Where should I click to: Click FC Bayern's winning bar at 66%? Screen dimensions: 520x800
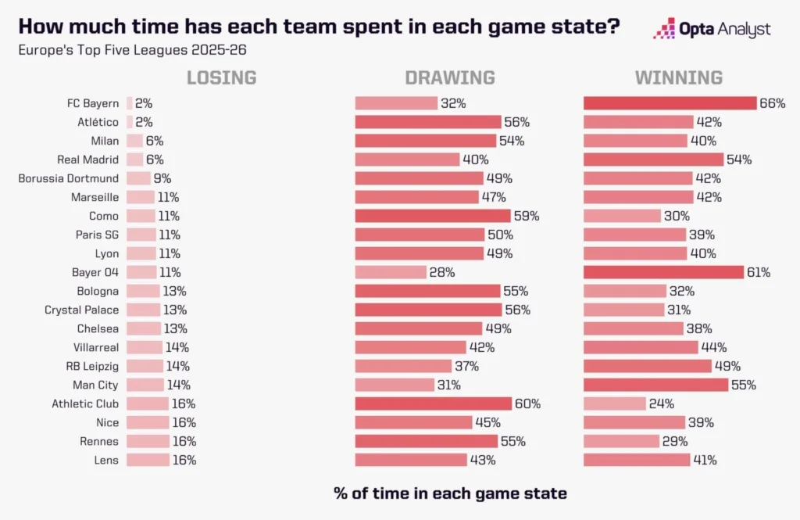(x=670, y=103)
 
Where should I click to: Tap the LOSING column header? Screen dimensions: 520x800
(x=221, y=77)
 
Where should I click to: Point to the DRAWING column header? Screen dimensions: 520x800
(x=449, y=77)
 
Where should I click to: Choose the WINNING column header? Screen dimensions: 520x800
(x=678, y=77)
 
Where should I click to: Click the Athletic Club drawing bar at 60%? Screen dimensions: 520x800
(x=433, y=403)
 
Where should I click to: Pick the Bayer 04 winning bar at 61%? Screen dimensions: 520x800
(x=663, y=272)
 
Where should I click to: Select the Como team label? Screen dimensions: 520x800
(x=104, y=216)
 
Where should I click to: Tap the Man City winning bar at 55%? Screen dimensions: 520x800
(x=655, y=385)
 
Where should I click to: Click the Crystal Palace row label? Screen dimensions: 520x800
(x=82, y=310)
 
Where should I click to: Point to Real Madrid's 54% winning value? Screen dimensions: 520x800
(x=739, y=160)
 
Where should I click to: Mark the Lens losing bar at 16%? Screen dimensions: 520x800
(x=148, y=460)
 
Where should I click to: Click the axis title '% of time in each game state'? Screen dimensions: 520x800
(x=450, y=493)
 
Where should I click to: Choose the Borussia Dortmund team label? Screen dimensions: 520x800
(x=69, y=178)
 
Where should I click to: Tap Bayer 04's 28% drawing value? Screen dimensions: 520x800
(x=442, y=272)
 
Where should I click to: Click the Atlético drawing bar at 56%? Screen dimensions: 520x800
(x=428, y=122)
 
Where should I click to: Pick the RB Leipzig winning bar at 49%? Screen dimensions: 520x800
(x=648, y=366)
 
